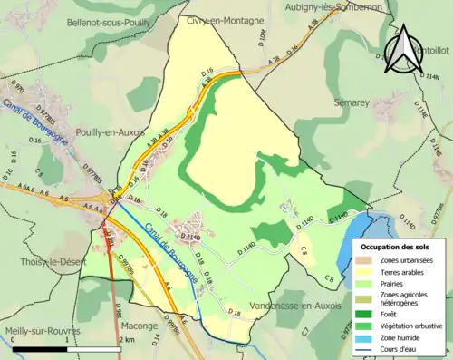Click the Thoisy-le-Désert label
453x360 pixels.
pos(36,261)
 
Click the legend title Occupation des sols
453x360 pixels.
pos(396,247)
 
